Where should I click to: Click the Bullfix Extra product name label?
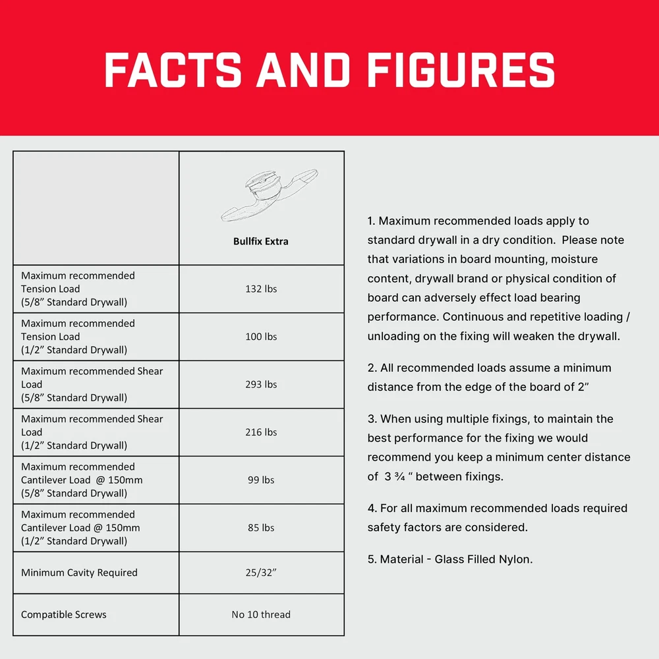261,241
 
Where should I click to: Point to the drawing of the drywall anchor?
268,195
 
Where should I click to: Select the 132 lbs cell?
261,289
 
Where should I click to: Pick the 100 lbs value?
261,337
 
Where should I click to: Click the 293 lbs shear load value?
261,384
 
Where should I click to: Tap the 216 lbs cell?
261,432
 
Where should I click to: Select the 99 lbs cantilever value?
261,480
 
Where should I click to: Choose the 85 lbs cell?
261,528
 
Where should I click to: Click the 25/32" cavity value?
261,573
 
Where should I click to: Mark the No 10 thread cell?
261,615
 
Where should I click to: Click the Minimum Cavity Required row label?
79,573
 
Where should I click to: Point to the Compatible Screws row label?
64,615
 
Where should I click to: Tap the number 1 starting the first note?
370,221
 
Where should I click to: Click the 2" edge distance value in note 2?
582,387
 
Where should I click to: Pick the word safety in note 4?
384,527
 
